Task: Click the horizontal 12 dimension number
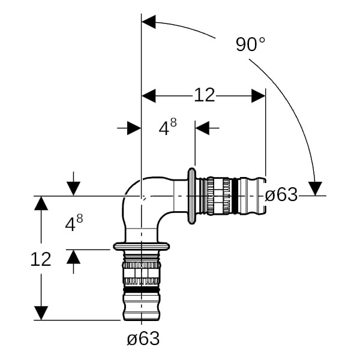click(204, 95)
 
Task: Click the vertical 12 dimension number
click(41, 259)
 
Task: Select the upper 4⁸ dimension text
click(167, 127)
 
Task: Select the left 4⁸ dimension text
click(73, 223)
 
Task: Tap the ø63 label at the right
click(281, 195)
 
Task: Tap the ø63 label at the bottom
click(143, 339)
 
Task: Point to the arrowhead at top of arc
click(148, 23)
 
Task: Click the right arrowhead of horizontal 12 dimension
click(259, 95)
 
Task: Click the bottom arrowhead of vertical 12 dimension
click(41, 313)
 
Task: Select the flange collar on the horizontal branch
click(192, 195)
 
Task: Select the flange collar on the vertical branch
click(141, 246)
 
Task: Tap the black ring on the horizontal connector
click(235, 195)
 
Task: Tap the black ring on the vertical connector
click(142, 290)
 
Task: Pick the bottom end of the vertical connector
click(142, 318)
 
